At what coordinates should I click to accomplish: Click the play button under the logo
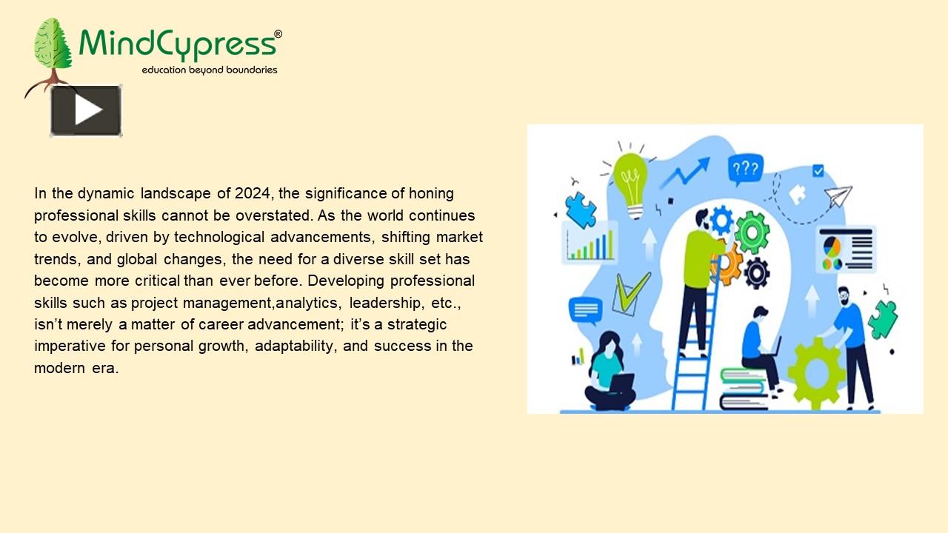86,111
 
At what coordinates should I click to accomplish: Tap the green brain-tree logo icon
52,46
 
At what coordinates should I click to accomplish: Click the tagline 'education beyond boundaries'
210,70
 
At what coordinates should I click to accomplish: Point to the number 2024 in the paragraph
254,194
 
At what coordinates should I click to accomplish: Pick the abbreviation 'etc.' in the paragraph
446,303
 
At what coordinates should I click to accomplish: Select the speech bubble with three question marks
744,170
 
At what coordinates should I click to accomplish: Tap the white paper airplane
838,196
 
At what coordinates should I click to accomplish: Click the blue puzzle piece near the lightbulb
581,209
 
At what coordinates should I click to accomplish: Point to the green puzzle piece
882,319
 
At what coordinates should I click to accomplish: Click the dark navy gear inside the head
756,273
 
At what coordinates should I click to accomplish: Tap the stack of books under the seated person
744,389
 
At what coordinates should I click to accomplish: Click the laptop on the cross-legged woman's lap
621,383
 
